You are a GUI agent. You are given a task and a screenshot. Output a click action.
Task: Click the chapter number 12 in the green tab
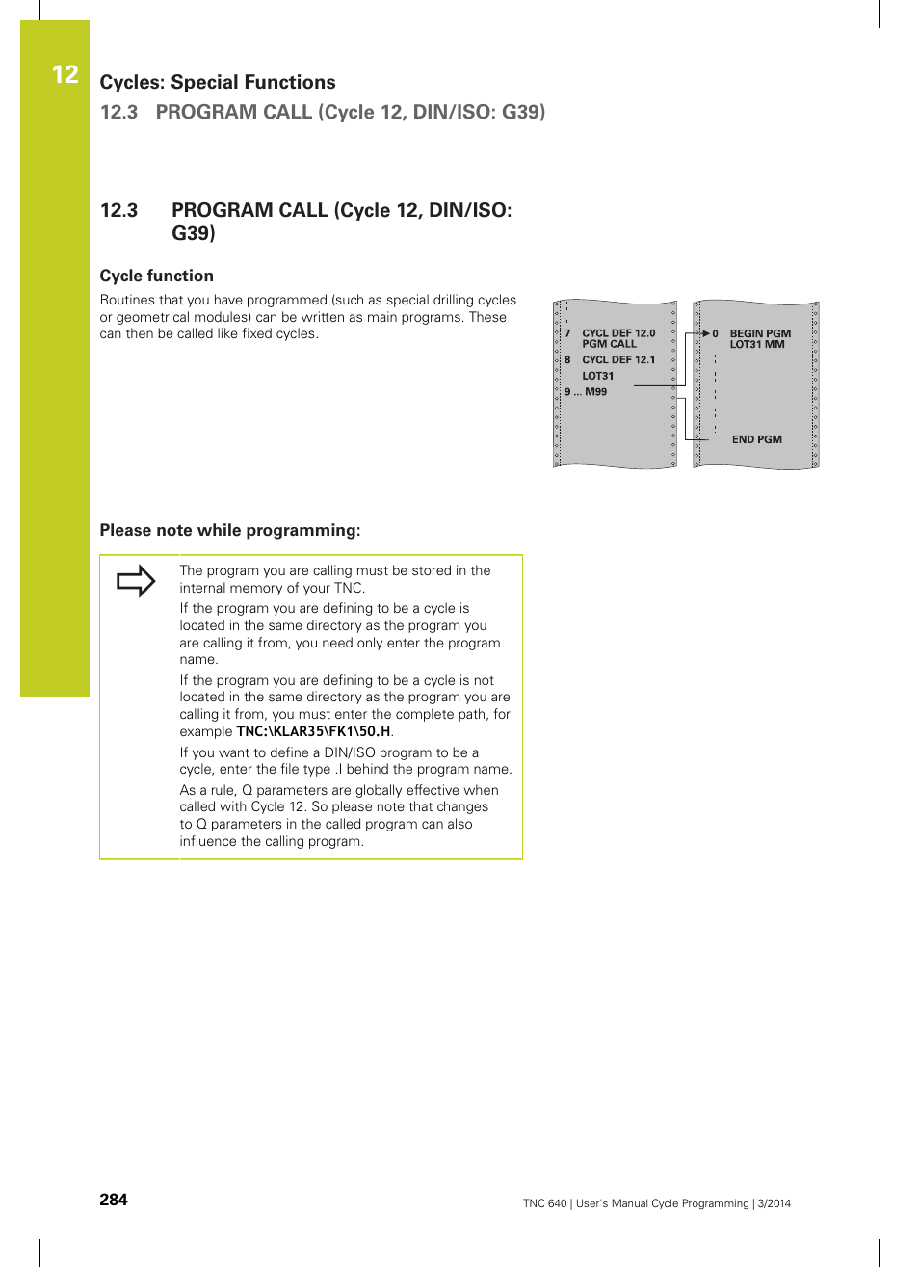pos(65,75)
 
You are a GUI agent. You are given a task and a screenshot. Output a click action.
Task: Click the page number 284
pos(114,1200)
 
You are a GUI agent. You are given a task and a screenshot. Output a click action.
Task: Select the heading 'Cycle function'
pos(156,276)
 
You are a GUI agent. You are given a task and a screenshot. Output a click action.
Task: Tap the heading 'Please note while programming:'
pos(230,530)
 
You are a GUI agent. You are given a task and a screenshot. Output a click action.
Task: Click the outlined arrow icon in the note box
pos(136,581)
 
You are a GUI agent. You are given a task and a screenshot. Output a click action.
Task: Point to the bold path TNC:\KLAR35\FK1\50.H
pos(313,731)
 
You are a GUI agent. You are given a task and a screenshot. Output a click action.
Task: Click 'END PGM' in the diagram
pos(756,439)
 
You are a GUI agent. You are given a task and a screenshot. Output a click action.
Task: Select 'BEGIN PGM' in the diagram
pos(760,333)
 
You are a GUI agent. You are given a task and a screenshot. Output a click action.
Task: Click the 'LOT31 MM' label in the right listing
pos(756,345)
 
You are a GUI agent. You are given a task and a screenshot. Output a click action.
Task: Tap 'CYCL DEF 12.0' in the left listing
pos(618,333)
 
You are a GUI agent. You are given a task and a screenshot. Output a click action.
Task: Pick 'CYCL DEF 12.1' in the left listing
pos(618,360)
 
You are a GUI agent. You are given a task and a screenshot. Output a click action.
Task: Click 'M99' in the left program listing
pos(596,392)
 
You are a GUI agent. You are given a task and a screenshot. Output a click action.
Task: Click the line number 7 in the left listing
pos(567,333)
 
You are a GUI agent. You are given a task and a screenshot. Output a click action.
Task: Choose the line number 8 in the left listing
pos(567,360)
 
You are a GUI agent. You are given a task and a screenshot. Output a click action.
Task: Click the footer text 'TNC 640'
pos(544,1203)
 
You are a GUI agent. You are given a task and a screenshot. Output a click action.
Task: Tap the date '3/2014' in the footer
pos(774,1203)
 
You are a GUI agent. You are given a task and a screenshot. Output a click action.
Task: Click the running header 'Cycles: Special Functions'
pos(218,83)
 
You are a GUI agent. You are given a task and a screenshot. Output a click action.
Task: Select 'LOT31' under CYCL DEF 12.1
pos(597,376)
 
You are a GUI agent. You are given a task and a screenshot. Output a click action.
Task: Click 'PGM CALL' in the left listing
pos(609,344)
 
